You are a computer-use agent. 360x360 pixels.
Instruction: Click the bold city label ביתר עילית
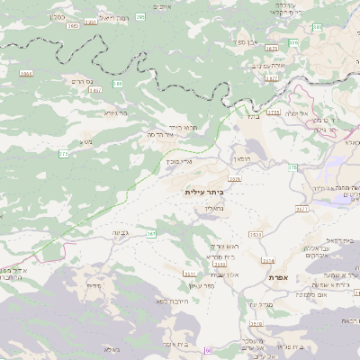coord(202,192)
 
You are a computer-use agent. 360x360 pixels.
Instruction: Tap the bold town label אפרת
coord(277,279)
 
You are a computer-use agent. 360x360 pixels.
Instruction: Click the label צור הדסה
coord(159,134)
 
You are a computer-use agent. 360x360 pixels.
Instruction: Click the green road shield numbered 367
coord(150,235)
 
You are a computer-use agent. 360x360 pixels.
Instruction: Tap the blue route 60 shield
coord(208,349)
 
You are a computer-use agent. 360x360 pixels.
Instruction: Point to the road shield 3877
coord(271,78)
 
